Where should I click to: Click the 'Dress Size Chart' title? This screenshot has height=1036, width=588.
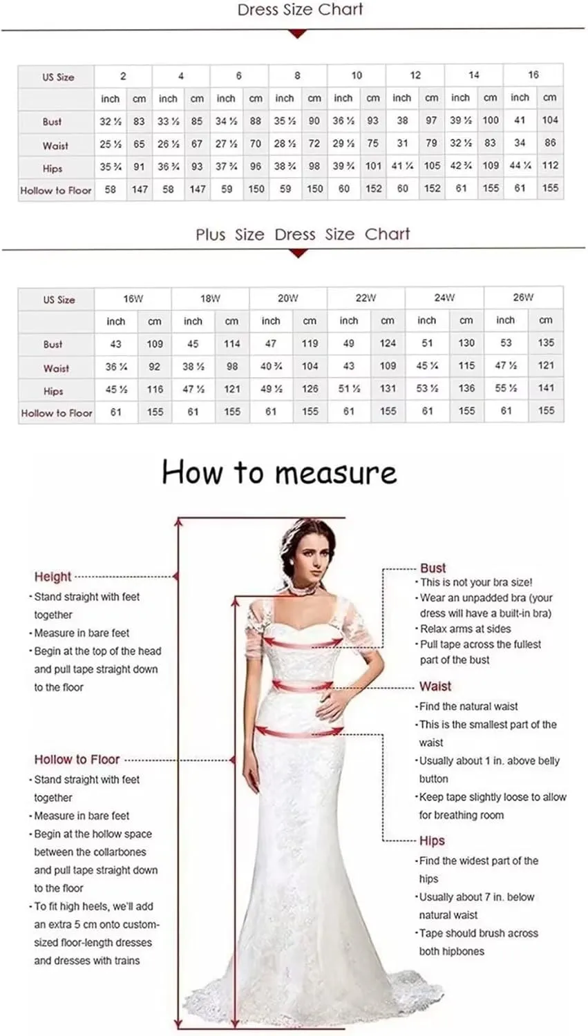(x=300, y=10)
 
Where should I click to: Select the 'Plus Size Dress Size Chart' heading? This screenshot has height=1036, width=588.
(x=302, y=234)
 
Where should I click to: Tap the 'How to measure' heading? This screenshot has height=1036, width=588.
(x=279, y=473)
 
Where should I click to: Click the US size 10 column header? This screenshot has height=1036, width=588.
(x=357, y=75)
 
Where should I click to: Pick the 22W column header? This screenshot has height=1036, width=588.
(x=366, y=298)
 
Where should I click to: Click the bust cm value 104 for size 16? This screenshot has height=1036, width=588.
(x=550, y=120)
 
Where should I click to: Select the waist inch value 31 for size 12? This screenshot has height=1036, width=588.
(x=402, y=143)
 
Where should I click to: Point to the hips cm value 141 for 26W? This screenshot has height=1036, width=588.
(x=546, y=388)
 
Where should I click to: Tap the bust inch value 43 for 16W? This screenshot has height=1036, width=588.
(x=115, y=343)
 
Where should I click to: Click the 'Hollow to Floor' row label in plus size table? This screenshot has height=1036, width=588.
(x=57, y=413)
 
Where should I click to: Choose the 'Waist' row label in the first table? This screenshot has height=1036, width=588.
(x=55, y=146)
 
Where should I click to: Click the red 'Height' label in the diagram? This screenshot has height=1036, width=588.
(x=53, y=577)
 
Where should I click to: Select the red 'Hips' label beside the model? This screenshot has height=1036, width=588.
(x=432, y=841)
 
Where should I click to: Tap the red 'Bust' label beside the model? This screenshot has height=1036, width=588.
(x=433, y=568)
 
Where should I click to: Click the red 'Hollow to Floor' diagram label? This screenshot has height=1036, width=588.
(x=77, y=760)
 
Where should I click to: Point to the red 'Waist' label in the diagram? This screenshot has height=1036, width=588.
(x=435, y=687)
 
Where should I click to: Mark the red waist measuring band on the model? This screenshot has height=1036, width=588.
(x=303, y=686)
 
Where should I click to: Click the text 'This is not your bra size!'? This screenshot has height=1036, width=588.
(x=476, y=582)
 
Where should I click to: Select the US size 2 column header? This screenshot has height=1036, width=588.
(x=123, y=76)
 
